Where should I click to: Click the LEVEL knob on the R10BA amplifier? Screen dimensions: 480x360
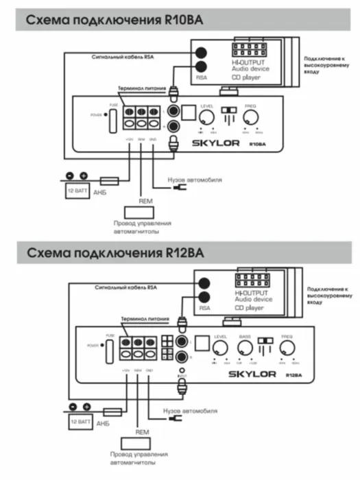tap(205, 117)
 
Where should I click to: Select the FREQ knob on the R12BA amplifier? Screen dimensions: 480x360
tap(287, 348)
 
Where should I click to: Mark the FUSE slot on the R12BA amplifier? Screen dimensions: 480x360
tap(108, 352)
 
